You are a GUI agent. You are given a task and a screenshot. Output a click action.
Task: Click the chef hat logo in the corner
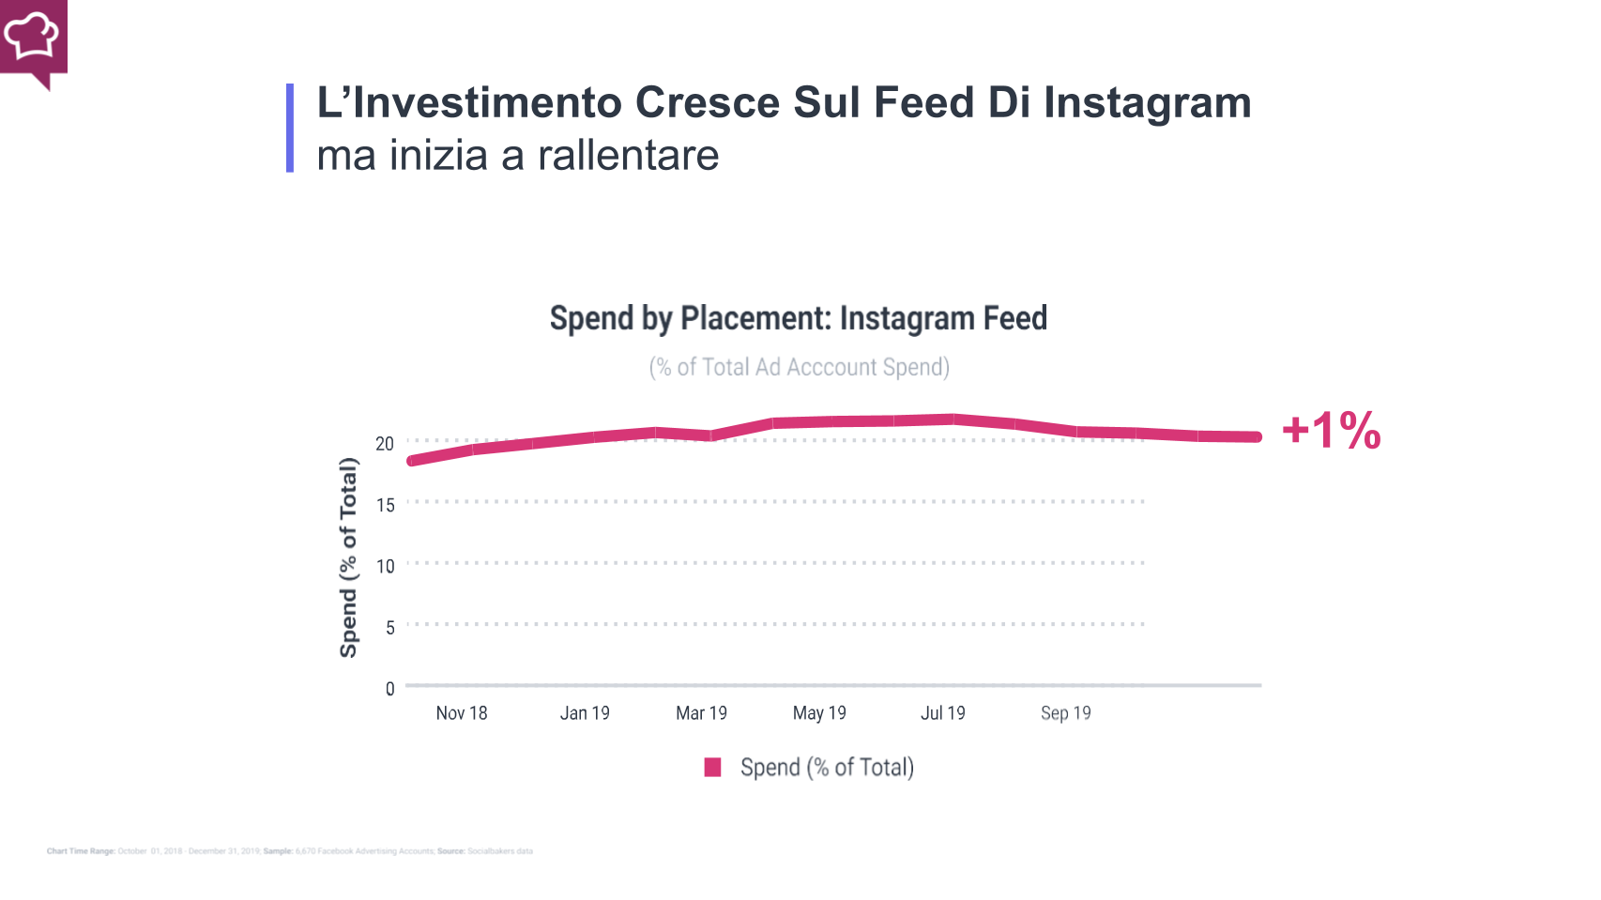click(32, 37)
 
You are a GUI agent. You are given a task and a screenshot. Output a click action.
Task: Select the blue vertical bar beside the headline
click(290, 129)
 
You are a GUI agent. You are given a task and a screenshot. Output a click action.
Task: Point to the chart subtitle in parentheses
click(799, 367)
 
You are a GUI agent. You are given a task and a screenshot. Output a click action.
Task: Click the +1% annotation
click(1331, 431)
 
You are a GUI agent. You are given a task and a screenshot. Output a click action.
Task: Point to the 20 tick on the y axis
click(385, 444)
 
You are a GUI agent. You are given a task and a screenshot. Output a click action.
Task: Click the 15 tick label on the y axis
click(385, 505)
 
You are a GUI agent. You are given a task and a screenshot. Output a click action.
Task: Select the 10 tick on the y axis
click(385, 566)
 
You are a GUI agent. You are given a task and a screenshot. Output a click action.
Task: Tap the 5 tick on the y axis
click(389, 627)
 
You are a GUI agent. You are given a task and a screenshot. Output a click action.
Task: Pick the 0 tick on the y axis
click(389, 689)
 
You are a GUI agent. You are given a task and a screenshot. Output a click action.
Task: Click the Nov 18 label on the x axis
click(462, 713)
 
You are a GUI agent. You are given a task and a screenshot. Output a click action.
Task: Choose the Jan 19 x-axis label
click(585, 713)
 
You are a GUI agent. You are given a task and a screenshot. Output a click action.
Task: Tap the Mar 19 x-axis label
click(701, 713)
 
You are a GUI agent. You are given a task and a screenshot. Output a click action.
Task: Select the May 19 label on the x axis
click(819, 713)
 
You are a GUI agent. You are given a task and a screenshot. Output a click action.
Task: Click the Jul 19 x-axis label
click(942, 713)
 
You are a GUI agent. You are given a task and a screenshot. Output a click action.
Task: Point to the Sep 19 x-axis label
click(1065, 713)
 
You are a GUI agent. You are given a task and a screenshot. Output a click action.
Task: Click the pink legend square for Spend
click(712, 768)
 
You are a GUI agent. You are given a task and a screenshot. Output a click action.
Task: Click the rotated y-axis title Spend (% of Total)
click(348, 557)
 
